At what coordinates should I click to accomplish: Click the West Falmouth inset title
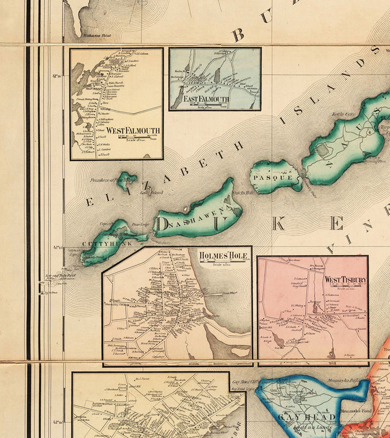click(133, 130)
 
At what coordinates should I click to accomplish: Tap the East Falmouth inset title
click(206, 99)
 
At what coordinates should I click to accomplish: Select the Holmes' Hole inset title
click(223, 256)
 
